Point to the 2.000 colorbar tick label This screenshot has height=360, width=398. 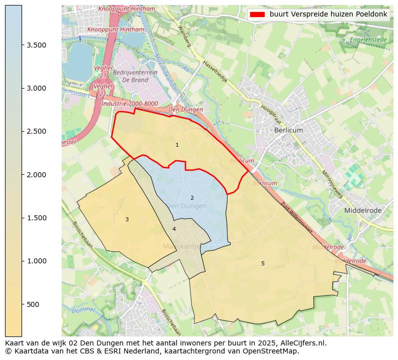tap(37, 175)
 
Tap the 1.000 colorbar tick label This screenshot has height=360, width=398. tap(37, 261)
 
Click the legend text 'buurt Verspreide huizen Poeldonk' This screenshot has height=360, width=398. tap(328, 14)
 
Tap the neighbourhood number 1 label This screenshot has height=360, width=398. tap(177, 145)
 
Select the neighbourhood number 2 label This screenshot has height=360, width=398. tap(192, 198)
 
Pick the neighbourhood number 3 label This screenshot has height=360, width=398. tap(127, 219)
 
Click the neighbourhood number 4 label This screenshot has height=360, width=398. tap(174, 229)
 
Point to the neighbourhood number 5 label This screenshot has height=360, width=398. tap(263, 263)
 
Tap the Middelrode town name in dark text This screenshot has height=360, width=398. tap(362, 211)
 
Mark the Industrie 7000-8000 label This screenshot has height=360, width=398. tap(129, 104)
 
